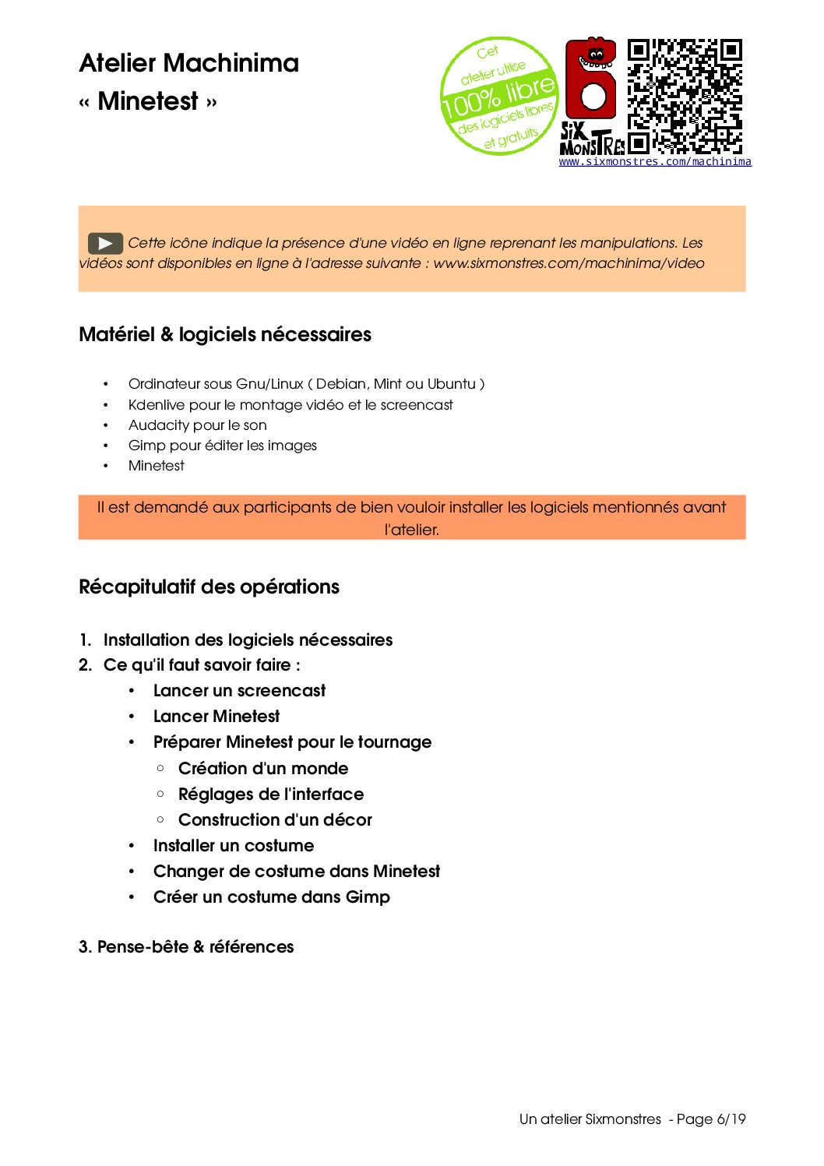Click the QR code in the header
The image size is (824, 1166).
tap(685, 96)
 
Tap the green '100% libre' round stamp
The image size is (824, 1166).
tap(499, 96)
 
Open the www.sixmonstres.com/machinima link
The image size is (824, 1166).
tap(655, 162)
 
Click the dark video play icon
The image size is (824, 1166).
tap(105, 244)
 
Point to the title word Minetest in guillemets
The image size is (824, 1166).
tap(148, 101)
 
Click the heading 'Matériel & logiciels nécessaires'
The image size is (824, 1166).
tap(225, 335)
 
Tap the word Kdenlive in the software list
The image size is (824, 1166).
tap(157, 405)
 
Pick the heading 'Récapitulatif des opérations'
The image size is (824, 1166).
tap(209, 587)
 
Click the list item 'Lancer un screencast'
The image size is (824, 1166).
tap(239, 691)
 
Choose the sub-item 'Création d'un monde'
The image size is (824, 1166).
tap(263, 769)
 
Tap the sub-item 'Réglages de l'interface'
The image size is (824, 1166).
tap(271, 794)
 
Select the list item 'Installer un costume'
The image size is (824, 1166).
tap(234, 846)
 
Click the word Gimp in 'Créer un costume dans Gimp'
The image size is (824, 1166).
tap(368, 897)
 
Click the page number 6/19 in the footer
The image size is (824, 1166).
tap(731, 1119)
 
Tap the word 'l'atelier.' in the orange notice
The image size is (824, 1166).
tap(412, 530)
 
